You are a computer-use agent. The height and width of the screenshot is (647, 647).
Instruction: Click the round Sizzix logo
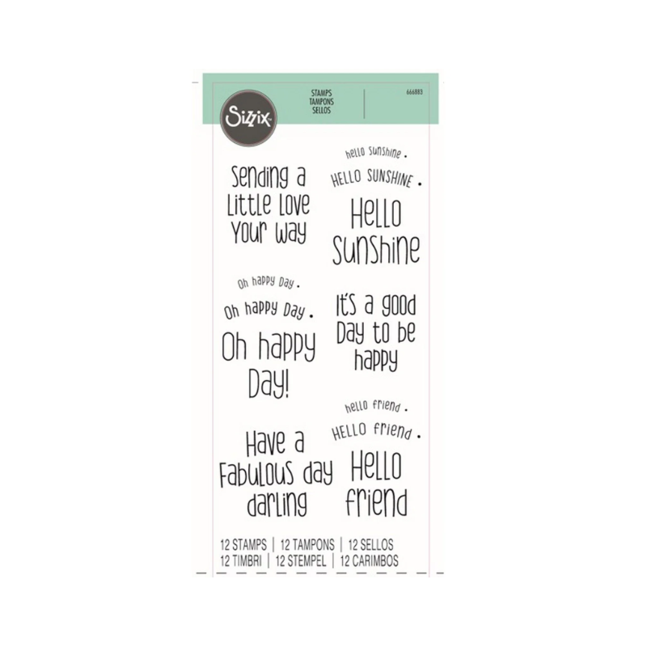pos(248,117)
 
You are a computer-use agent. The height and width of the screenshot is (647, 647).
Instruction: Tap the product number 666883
pos(414,92)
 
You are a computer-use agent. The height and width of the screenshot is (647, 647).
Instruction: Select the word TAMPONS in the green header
pos(321,102)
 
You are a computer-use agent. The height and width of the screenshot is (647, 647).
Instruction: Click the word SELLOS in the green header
pos(321,110)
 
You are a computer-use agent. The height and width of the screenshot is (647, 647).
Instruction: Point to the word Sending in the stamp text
pos(259,177)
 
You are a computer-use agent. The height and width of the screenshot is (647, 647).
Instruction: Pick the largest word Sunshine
pos(376,250)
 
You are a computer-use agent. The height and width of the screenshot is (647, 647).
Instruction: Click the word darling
pos(277,504)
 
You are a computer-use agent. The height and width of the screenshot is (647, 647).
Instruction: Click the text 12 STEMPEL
pos(300,560)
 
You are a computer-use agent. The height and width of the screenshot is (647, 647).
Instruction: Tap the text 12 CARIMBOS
pos(370,560)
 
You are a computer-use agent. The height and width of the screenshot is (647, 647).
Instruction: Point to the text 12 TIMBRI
pos(241,560)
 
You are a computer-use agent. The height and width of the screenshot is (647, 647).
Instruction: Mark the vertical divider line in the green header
pos(365,104)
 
